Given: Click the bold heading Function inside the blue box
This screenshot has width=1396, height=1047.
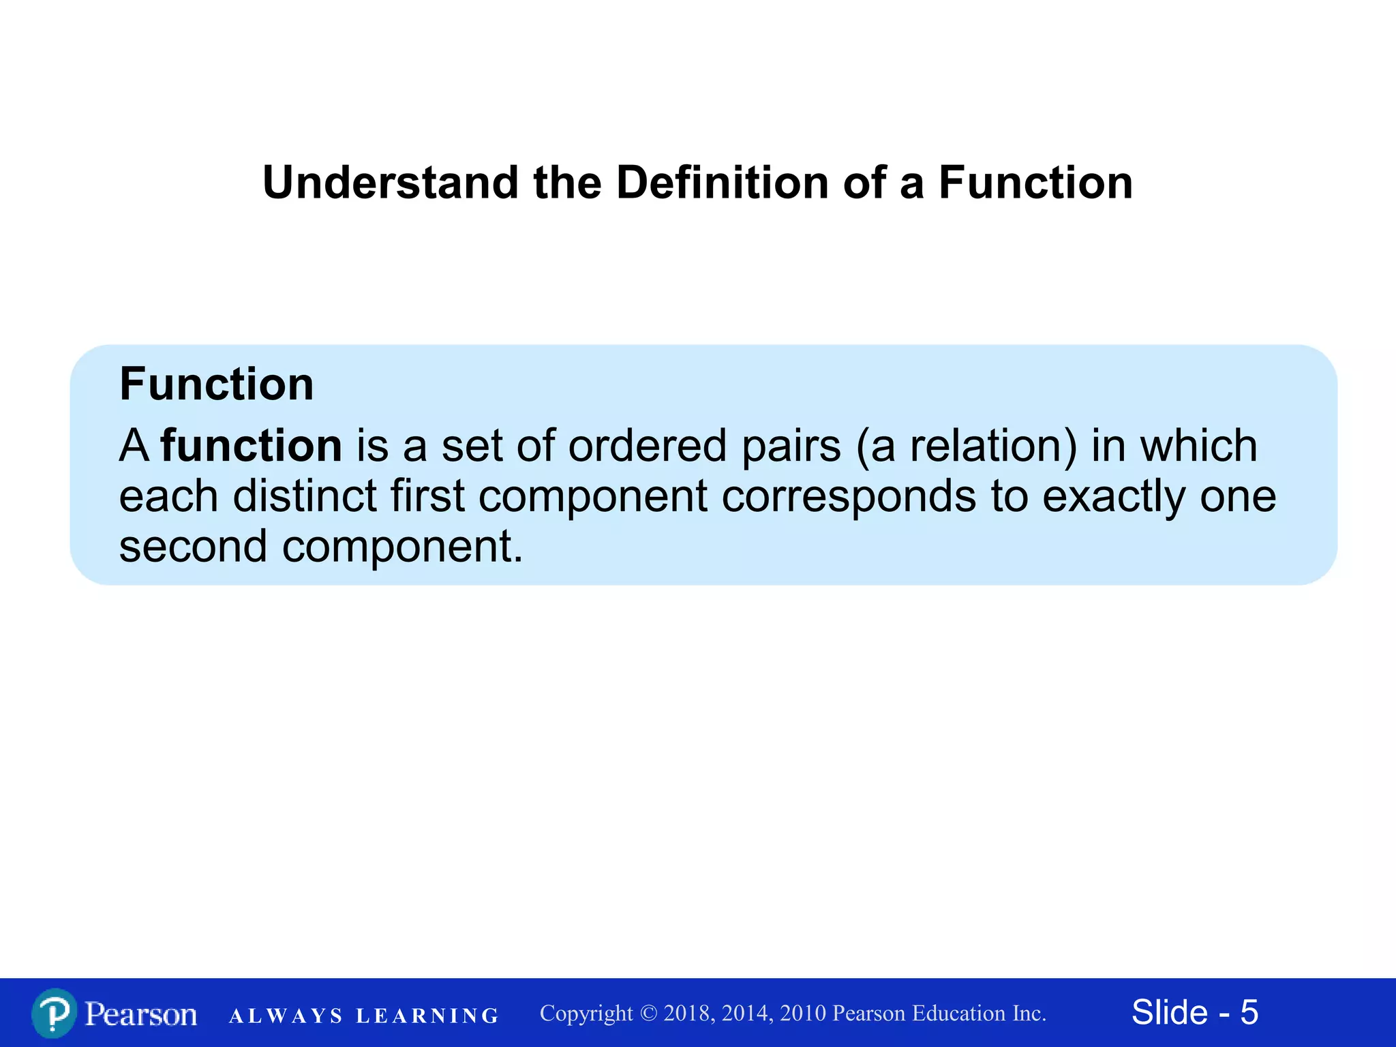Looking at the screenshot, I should click(x=217, y=384).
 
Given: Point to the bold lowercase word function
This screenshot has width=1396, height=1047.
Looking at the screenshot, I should click(x=252, y=446).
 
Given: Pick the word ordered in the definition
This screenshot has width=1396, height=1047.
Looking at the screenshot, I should click(x=648, y=446).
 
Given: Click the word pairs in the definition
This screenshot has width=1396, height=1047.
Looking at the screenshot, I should click(x=791, y=447).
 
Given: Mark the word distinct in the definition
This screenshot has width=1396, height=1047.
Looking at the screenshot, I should click(x=305, y=496).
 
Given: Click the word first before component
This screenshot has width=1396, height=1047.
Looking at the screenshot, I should click(x=427, y=496).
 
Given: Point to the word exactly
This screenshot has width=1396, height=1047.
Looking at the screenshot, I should click(x=1114, y=497).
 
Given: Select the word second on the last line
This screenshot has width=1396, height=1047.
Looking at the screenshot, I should click(x=193, y=546).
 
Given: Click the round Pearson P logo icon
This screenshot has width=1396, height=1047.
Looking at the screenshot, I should click(x=53, y=1013).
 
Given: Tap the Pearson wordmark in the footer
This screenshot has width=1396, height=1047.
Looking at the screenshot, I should click(x=141, y=1014).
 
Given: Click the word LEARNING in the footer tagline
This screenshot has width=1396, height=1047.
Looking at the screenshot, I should click(x=427, y=1016).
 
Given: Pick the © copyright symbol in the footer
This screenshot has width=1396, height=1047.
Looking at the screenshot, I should click(x=648, y=1014).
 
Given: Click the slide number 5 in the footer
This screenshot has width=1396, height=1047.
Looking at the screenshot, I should click(x=1249, y=1012).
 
